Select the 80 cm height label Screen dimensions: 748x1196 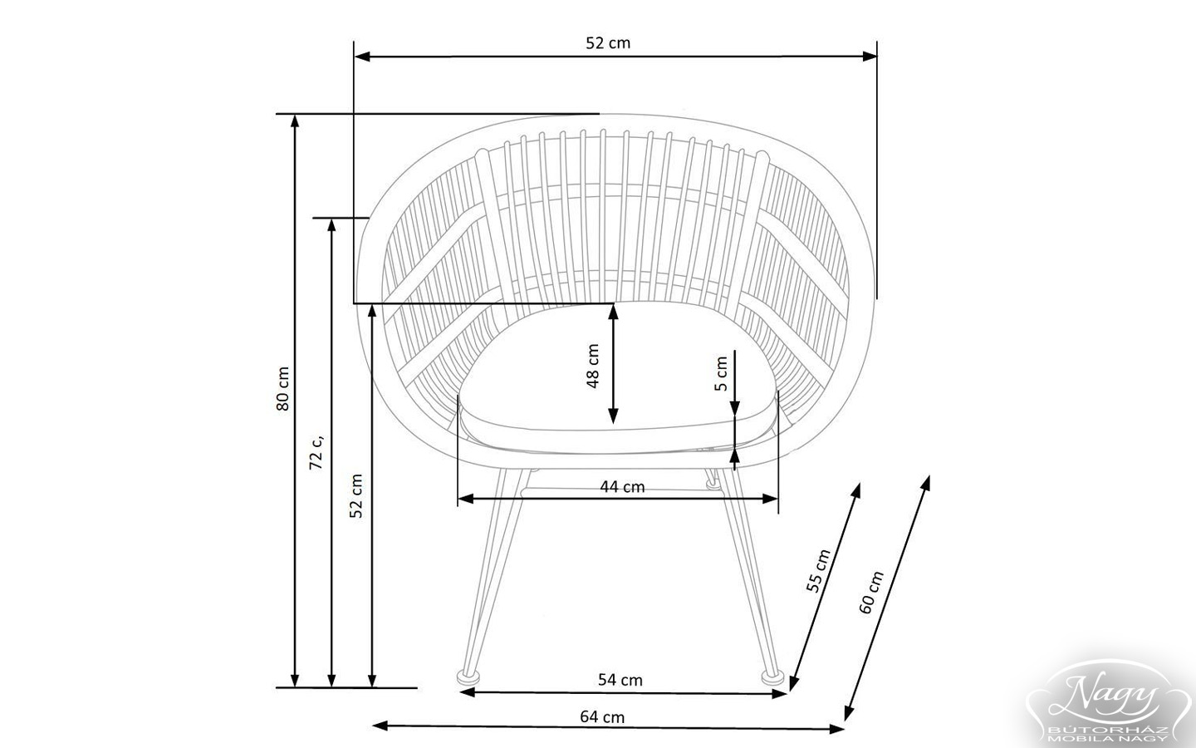click(x=282, y=389)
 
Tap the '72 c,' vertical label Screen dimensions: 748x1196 click(x=316, y=451)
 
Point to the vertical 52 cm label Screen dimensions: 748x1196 click(x=356, y=496)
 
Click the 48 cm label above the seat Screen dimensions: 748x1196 click(x=593, y=367)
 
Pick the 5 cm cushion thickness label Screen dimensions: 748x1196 click(x=721, y=374)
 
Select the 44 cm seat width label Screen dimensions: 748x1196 click(x=622, y=487)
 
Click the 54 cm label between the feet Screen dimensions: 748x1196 click(x=620, y=680)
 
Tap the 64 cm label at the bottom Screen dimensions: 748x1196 click(x=602, y=716)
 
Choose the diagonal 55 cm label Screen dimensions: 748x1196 click(x=819, y=571)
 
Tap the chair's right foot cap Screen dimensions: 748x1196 click(x=774, y=677)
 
